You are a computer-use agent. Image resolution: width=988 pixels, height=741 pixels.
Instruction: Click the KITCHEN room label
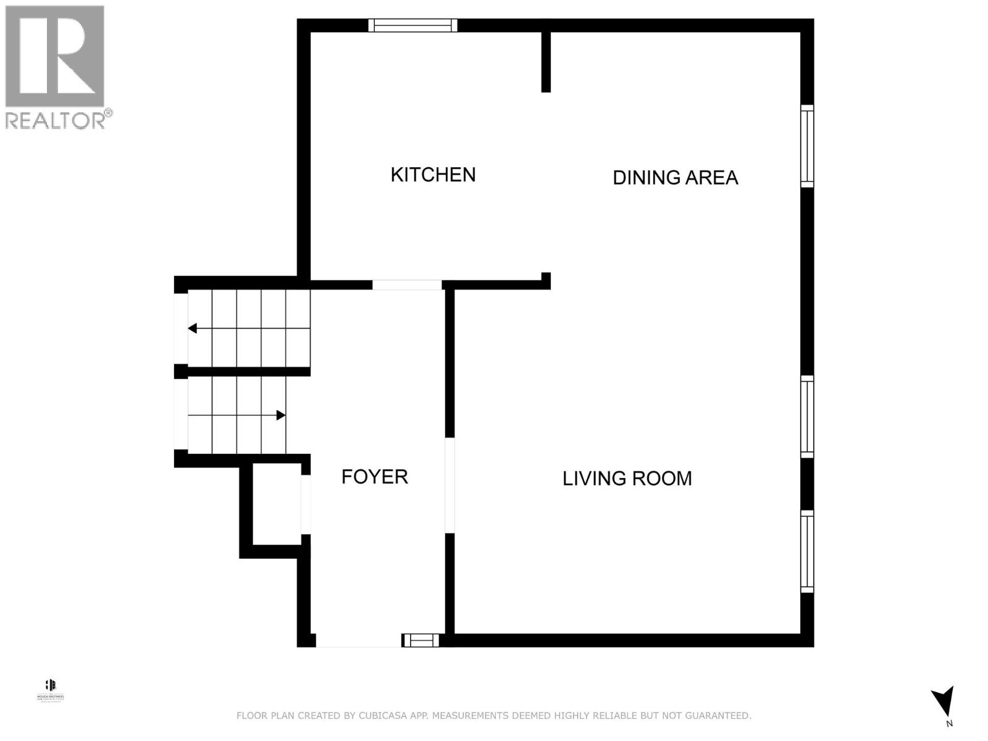(x=433, y=175)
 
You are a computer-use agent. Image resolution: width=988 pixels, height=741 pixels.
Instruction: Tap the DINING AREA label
(x=675, y=178)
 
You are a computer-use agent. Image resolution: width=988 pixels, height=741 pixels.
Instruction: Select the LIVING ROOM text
(x=627, y=479)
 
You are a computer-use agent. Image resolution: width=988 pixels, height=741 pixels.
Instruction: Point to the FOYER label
(x=374, y=477)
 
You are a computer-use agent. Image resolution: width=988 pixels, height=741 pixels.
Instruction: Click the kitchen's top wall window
(x=412, y=25)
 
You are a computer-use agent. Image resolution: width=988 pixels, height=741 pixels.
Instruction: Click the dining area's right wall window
(x=807, y=146)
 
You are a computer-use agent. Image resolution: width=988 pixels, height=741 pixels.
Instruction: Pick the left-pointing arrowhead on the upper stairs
(x=193, y=329)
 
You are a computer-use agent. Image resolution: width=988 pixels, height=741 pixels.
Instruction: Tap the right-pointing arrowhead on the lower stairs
(x=280, y=416)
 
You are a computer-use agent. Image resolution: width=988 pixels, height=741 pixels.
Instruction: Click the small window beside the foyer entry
(x=421, y=640)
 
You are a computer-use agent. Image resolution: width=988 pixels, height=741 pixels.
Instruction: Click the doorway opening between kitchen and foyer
(x=407, y=285)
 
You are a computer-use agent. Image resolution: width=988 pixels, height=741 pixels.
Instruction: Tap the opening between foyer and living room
(x=450, y=485)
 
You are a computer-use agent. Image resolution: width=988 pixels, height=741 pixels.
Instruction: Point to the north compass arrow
(x=943, y=703)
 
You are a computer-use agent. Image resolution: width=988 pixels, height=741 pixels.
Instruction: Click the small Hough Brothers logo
(x=51, y=689)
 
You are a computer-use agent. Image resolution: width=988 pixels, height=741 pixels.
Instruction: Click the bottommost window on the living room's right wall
(x=807, y=551)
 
